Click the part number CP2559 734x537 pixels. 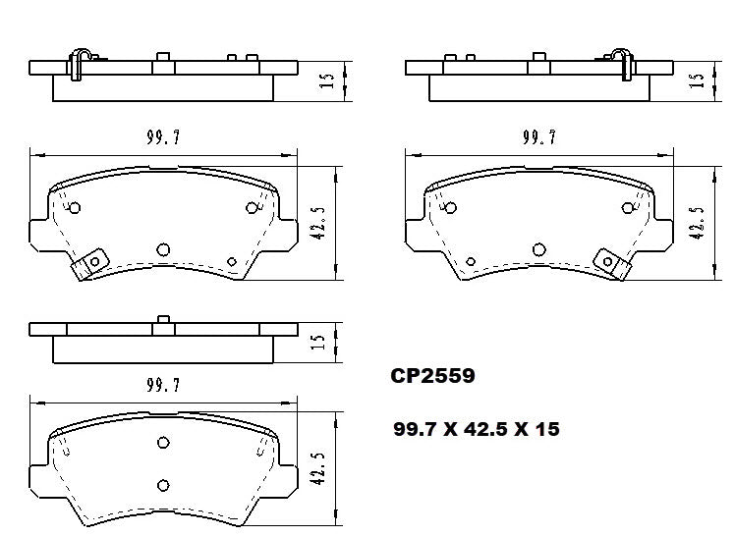pos(432,375)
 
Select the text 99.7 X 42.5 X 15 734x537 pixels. pos(476,429)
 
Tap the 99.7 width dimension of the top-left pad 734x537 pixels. pos(163,138)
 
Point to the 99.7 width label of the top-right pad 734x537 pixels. pos(539,138)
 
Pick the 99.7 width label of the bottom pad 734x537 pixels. pos(163,386)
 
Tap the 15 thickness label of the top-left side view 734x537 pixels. pos(329,79)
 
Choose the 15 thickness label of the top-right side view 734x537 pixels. pos(697,79)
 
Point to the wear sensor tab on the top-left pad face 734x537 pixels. pos(89,263)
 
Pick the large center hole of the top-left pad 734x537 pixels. pos(164,249)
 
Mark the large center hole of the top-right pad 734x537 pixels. pos(538,249)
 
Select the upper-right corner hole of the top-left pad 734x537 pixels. pos(253,207)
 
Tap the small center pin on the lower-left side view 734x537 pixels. pos(164,319)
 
